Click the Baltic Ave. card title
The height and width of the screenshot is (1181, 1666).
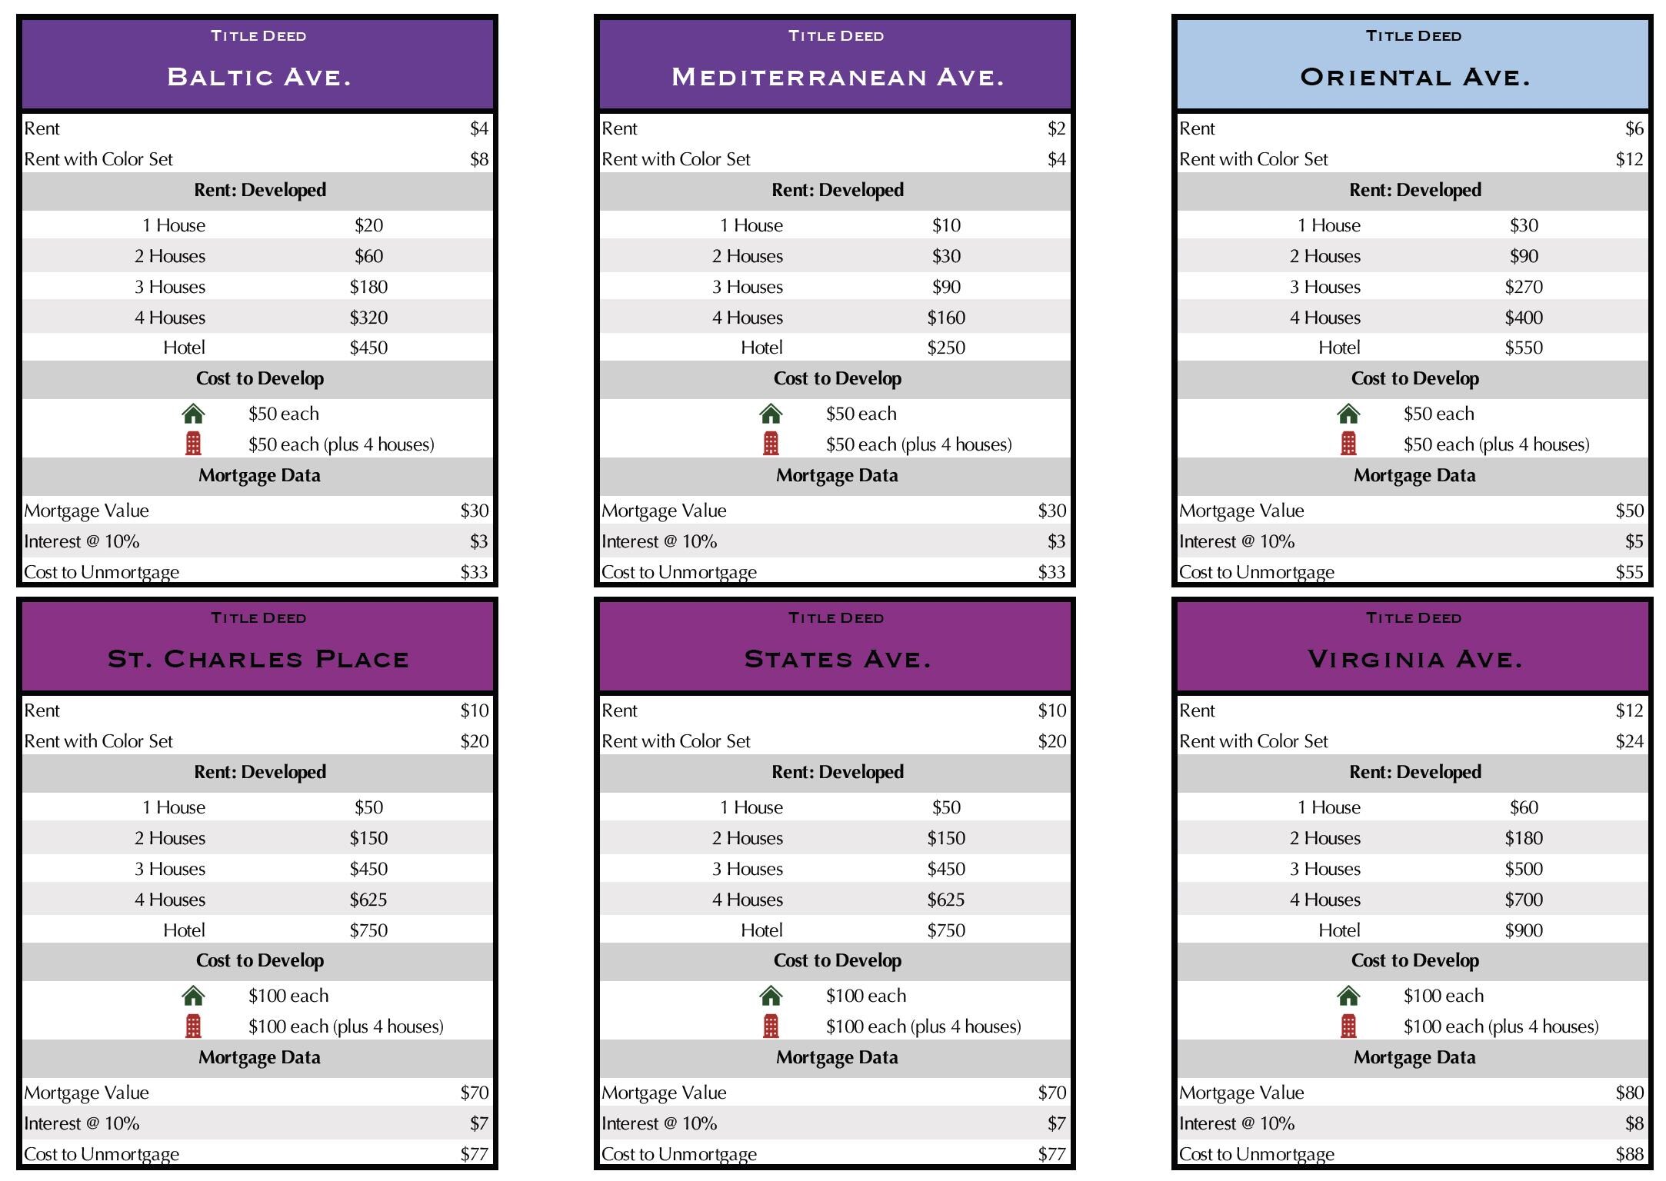click(258, 77)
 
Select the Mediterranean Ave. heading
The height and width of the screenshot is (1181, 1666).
click(837, 77)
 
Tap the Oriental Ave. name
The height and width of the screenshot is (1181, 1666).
click(1414, 77)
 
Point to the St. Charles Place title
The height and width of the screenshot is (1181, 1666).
click(258, 659)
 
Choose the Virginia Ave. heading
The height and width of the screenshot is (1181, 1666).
click(1414, 659)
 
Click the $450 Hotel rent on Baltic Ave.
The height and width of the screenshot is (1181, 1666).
click(368, 348)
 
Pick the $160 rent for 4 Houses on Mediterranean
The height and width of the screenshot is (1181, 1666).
click(946, 318)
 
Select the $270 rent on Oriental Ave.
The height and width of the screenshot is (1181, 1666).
click(1524, 287)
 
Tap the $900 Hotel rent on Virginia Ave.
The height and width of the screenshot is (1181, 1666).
click(1524, 930)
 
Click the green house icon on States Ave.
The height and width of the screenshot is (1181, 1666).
click(771, 996)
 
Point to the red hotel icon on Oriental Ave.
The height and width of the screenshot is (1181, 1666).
click(1348, 444)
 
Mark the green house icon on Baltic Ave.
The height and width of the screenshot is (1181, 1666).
click(193, 414)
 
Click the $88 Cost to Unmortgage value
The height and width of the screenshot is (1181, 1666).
click(1629, 1154)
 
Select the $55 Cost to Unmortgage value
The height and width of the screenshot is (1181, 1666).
click(1629, 572)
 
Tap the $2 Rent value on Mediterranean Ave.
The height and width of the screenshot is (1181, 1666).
click(1056, 128)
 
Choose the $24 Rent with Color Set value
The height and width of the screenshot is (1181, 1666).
click(1629, 741)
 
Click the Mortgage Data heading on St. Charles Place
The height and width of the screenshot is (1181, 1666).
click(259, 1057)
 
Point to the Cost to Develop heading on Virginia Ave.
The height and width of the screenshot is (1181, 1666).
click(1414, 960)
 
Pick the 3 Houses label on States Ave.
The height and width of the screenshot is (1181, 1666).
click(747, 869)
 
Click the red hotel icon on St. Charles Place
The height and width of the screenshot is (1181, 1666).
click(193, 1026)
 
